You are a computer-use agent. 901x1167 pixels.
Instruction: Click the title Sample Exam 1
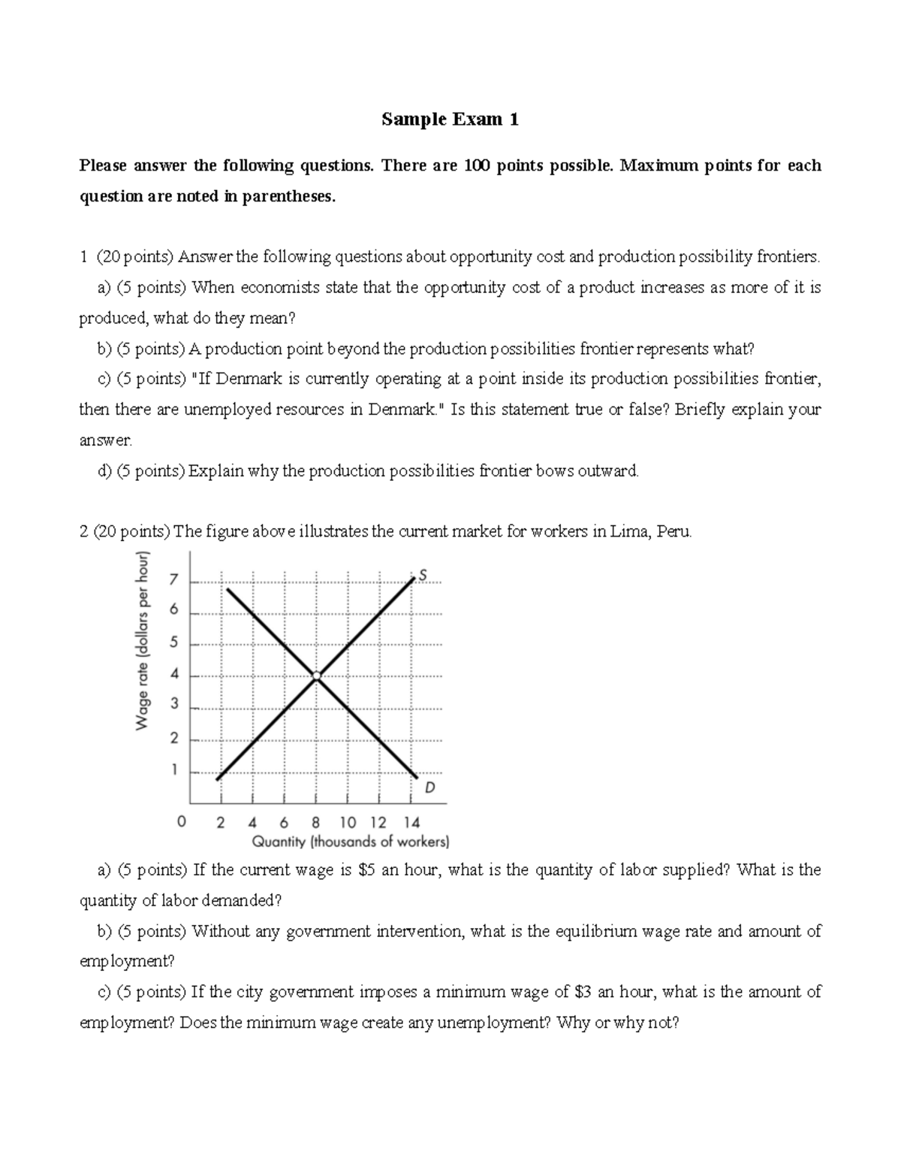[450, 119]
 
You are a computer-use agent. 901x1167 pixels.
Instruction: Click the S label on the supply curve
[423, 575]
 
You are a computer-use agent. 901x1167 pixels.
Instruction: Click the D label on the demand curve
[429, 788]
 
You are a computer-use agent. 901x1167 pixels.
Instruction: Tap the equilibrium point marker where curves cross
[317, 676]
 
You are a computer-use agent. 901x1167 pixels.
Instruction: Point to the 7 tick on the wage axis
[173, 580]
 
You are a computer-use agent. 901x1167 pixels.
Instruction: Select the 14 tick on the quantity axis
[411, 822]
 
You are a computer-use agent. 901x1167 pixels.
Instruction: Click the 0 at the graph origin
[180, 822]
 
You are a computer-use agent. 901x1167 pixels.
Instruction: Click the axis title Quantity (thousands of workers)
[351, 842]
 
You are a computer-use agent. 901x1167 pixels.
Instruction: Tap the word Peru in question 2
[673, 532]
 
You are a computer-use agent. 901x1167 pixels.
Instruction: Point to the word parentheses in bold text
[292, 196]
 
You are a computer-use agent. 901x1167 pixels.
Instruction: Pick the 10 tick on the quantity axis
[348, 822]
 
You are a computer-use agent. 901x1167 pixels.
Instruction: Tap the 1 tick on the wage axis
[173, 769]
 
